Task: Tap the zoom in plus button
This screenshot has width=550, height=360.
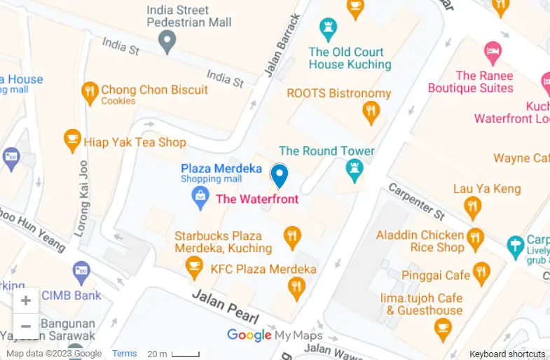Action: point(26,301)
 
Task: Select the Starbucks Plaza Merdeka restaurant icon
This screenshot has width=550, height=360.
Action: point(292,239)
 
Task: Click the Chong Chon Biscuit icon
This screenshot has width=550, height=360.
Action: point(89,92)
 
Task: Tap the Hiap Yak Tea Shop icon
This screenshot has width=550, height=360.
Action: point(71,141)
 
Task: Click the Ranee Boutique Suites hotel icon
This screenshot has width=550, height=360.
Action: point(493,51)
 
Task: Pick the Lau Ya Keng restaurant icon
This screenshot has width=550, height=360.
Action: point(473,207)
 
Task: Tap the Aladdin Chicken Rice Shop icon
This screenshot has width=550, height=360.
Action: point(476,238)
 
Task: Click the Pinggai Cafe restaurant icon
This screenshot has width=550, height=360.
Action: point(481,273)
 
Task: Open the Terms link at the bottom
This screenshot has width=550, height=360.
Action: point(125,354)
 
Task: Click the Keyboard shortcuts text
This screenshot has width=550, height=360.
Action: point(507,354)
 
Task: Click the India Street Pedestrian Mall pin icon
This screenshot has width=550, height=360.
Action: point(167,43)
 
